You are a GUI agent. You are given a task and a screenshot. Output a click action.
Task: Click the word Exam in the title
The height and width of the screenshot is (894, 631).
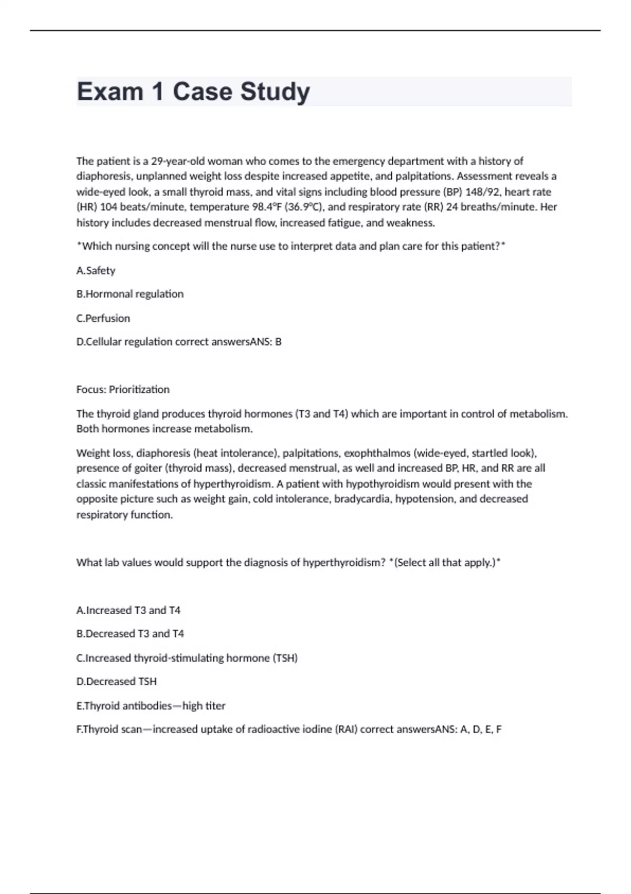pos(110,92)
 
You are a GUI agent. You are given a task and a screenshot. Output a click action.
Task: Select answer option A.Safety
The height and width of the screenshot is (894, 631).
pos(96,270)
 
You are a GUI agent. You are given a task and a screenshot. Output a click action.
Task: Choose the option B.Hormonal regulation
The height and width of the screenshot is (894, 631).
pos(130,294)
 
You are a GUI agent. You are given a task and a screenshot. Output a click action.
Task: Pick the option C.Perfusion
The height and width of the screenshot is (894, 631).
pos(103,318)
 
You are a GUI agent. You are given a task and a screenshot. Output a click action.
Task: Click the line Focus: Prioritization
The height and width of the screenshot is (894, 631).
pos(123,390)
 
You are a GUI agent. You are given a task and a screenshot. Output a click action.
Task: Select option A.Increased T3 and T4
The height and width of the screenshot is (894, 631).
pos(128,610)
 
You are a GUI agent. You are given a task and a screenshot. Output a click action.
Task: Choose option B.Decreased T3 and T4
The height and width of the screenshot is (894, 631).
pos(130,634)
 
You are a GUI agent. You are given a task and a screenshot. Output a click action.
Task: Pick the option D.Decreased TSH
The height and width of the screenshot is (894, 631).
pos(116,682)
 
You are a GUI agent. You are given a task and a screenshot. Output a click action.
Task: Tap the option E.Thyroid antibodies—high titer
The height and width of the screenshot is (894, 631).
pos(151,706)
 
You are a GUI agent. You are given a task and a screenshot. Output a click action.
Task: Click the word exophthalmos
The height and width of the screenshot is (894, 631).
pos(377,453)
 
